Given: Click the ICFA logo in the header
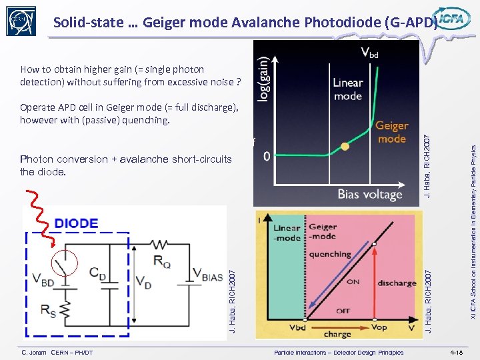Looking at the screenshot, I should pos(451,19).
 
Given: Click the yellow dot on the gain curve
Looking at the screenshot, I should pos(345,146).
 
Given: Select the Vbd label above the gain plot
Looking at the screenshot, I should pos(369,52).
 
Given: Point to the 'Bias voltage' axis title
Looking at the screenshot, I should pos(370,195).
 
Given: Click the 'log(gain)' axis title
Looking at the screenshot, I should pos(264,79).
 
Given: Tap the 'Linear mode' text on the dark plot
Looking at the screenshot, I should pos(348,89).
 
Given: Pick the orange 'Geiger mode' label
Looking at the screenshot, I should pos(391,132).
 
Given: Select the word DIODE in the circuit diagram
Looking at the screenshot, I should pos(76,223).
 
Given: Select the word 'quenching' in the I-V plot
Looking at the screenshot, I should pos(329,254).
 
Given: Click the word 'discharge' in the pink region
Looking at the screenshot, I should pos(397,283).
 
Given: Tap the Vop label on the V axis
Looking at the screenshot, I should pos(379,328).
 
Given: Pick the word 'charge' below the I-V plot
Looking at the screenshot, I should pos(337,335).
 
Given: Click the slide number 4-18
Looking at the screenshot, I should pos(457,352).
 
